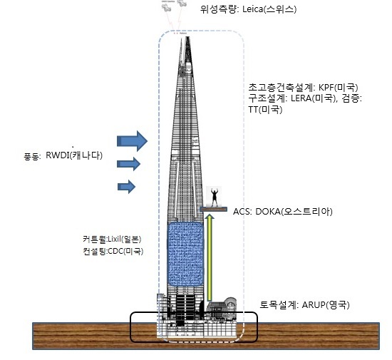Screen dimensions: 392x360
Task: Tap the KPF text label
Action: click(x=326, y=87)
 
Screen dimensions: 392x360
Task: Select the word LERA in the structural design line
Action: click(x=301, y=98)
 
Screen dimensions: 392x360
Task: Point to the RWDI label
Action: click(x=57, y=155)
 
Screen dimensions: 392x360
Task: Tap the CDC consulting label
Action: click(x=113, y=251)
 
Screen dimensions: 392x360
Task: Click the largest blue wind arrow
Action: click(x=132, y=141)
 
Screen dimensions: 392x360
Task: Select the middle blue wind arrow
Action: click(x=128, y=164)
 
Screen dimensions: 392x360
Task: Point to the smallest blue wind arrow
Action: click(x=126, y=187)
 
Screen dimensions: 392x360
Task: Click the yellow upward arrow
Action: click(x=210, y=258)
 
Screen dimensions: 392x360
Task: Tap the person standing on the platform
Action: click(x=215, y=197)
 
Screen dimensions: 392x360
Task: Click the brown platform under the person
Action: click(x=214, y=210)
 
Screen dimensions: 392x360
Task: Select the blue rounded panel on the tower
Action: click(x=185, y=254)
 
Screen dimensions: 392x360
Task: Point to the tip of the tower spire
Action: click(x=187, y=37)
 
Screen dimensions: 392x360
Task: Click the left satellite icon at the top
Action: click(x=167, y=7)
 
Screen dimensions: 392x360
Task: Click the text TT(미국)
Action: click(x=265, y=109)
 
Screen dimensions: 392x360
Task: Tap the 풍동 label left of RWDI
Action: click(x=32, y=157)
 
